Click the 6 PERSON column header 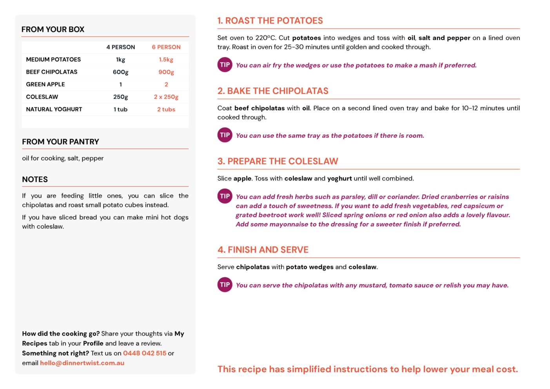[x=166, y=47]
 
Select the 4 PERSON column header [x=120, y=47]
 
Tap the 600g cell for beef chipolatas [x=120, y=72]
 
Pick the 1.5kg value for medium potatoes [x=166, y=60]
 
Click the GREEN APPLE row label [x=45, y=84]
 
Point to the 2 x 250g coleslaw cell [x=166, y=97]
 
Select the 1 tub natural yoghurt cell [x=120, y=109]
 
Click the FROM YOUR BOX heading [x=53, y=29]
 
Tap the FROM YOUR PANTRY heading [x=60, y=142]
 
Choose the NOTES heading [x=35, y=180]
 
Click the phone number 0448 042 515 [x=145, y=353]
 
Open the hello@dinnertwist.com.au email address [x=82, y=363]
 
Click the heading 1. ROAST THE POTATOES [x=270, y=21]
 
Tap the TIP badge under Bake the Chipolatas [x=225, y=135]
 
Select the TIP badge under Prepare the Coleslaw [x=225, y=196]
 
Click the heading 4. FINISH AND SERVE [x=263, y=250]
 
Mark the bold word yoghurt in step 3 [x=339, y=178]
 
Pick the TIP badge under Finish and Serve [x=225, y=285]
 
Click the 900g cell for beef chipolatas [x=166, y=72]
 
